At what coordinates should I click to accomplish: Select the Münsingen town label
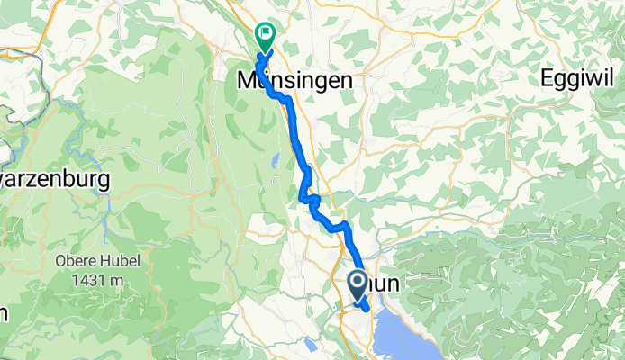pos(294,80)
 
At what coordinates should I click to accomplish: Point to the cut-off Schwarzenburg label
pos(54,179)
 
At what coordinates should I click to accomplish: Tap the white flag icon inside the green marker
pos(266,35)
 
